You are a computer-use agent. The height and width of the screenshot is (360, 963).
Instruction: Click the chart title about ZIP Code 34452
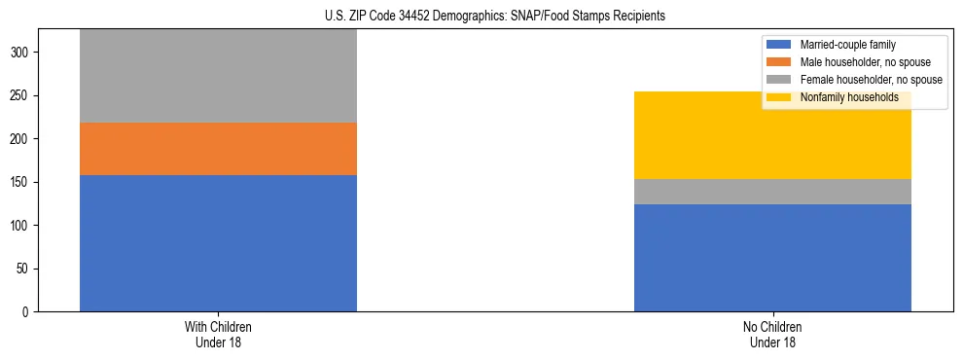(495, 17)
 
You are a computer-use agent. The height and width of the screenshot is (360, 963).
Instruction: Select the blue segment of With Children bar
(218, 243)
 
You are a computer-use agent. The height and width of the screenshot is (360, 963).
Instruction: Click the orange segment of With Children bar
(218, 149)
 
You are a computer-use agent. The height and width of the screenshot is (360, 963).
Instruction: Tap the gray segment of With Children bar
(218, 76)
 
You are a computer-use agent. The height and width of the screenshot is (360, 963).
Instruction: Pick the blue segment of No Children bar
(772, 258)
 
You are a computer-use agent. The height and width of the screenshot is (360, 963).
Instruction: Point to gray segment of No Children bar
(772, 192)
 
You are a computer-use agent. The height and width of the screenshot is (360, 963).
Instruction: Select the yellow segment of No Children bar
(772, 135)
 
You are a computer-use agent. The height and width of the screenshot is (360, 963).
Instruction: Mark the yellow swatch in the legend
(780, 97)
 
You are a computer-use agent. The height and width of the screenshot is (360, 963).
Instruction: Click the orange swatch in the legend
(780, 62)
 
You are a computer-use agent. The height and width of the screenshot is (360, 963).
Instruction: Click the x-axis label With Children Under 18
(218, 335)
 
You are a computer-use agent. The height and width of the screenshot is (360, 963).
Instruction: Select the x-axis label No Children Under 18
(772, 335)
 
